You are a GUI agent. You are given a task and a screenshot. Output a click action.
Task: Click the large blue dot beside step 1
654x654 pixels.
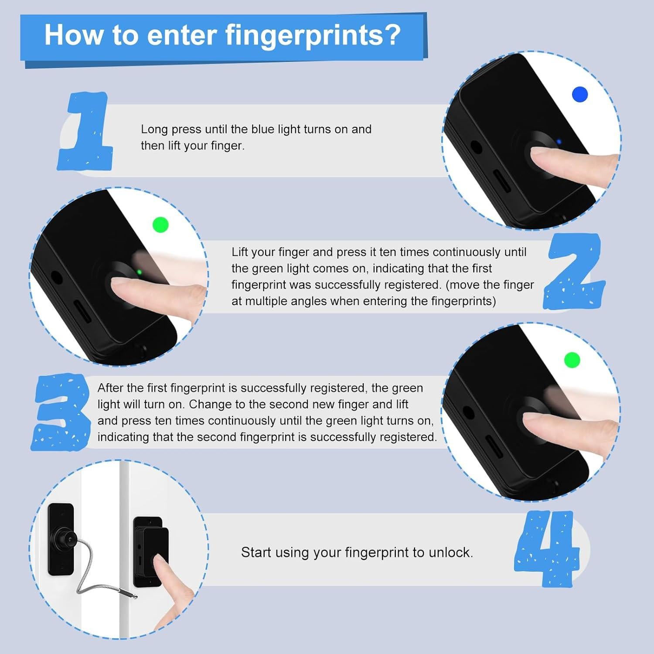(x=579, y=94)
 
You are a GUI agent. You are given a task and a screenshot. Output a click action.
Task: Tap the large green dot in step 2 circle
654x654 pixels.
(x=160, y=225)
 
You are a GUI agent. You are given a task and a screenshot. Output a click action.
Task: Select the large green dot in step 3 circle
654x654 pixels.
(x=572, y=360)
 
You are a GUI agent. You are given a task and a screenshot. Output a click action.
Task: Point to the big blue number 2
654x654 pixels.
(x=574, y=272)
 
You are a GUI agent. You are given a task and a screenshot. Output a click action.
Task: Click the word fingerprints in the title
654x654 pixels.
(x=312, y=35)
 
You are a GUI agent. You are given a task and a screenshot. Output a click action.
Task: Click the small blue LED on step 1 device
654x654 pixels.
(x=559, y=142)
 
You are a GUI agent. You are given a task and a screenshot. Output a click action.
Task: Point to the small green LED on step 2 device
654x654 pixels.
(x=139, y=272)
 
